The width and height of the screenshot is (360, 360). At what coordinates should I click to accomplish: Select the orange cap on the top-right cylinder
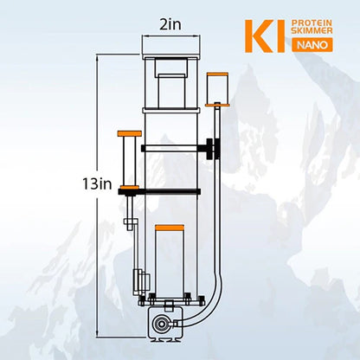[x=216, y=80]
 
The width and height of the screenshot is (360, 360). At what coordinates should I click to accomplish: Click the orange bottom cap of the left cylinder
[x=131, y=188]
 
